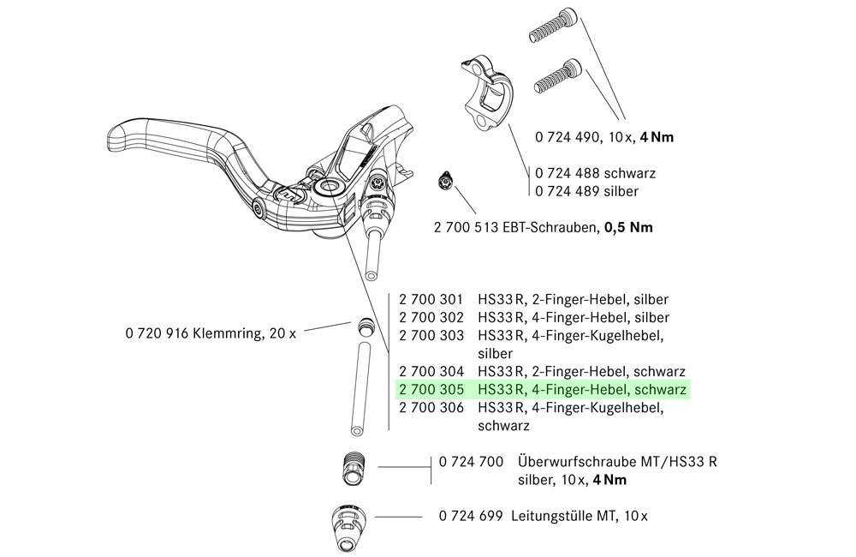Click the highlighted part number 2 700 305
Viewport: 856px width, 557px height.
(x=431, y=390)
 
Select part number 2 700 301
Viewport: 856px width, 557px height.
(x=431, y=300)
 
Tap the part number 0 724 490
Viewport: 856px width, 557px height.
(x=567, y=136)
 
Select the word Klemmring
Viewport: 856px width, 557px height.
(x=226, y=332)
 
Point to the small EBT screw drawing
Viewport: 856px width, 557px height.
(x=443, y=180)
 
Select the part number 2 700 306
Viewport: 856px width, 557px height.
(x=431, y=408)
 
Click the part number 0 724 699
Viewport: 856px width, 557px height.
(x=470, y=516)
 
